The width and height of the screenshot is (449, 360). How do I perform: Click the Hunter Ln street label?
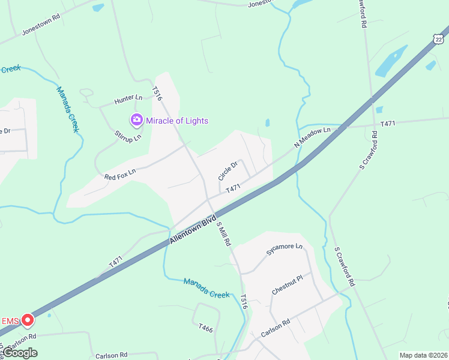pyautogui.click(x=130, y=97)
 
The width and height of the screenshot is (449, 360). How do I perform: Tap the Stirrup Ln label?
pyautogui.click(x=128, y=134)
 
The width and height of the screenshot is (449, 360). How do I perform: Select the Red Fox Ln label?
pyautogui.click(x=120, y=174)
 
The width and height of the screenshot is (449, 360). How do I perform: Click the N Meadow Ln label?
pyautogui.click(x=312, y=138)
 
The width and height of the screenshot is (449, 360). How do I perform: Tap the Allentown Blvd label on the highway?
pyautogui.click(x=192, y=229)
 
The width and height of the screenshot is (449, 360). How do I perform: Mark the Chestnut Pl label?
pyautogui.click(x=291, y=283)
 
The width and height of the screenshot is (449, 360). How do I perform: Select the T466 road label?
pyautogui.click(x=206, y=328)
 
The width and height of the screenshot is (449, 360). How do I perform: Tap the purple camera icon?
pyautogui.click(x=136, y=120)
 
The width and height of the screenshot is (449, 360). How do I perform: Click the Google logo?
pyautogui.click(x=20, y=353)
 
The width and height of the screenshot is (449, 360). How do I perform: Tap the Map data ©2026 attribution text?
pyautogui.click(x=423, y=355)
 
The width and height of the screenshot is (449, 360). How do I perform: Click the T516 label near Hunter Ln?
pyautogui.click(x=157, y=94)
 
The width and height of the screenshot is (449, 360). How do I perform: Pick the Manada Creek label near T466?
pyautogui.click(x=206, y=287)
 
